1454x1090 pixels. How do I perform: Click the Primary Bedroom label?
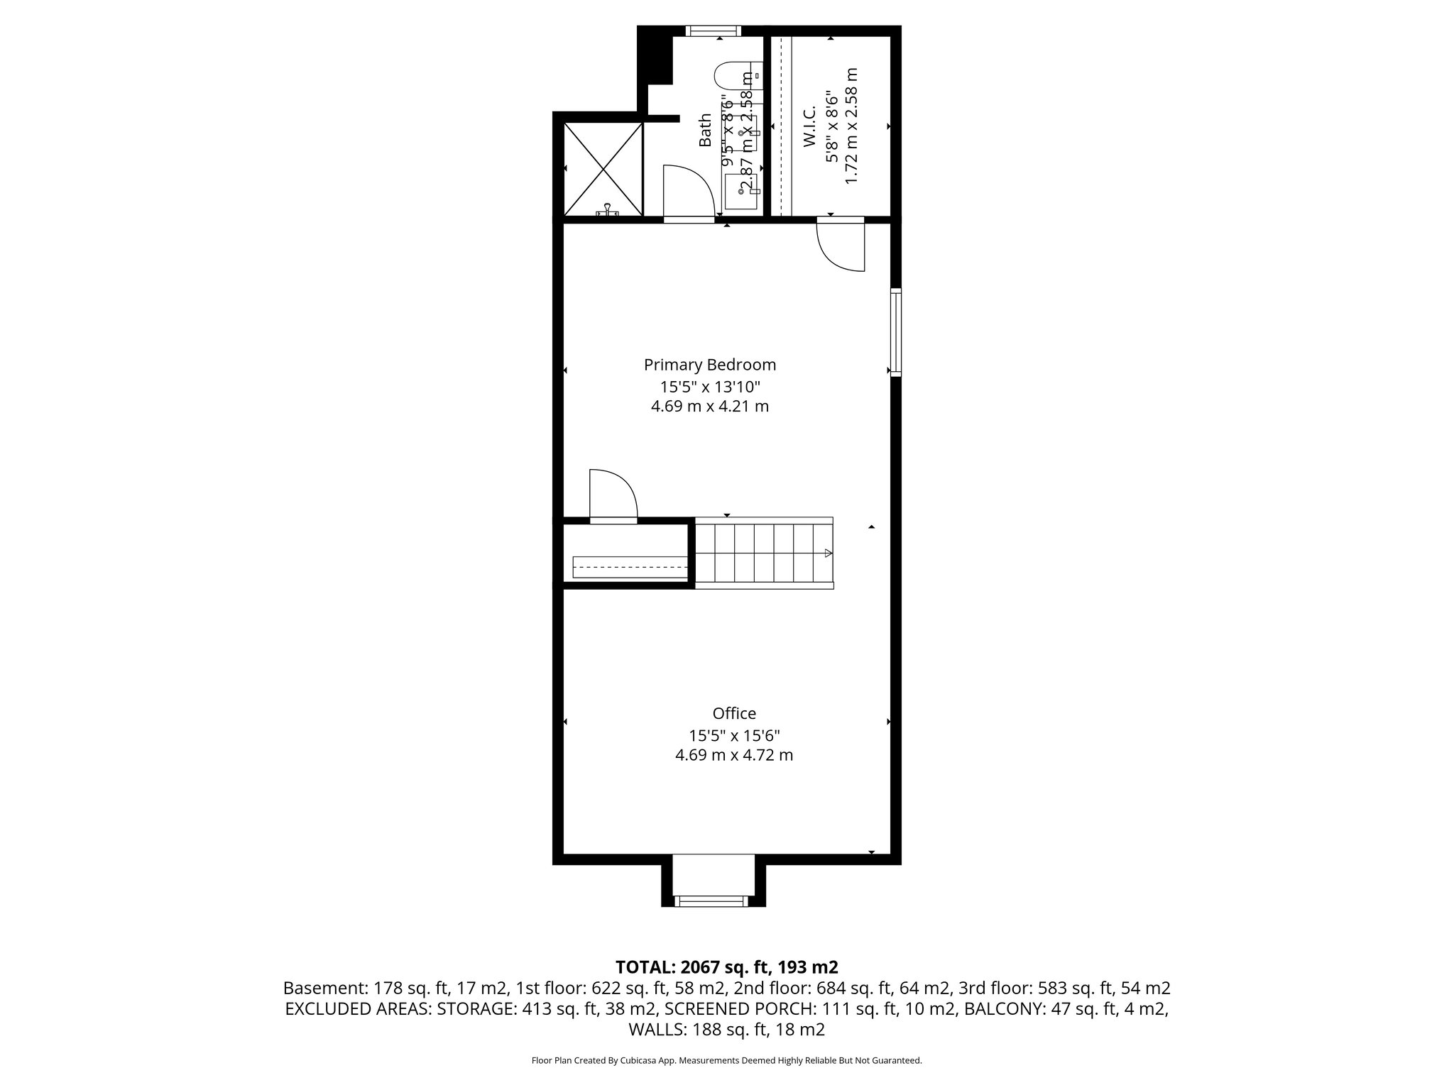pos(709,365)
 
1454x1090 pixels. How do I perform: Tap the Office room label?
pos(734,713)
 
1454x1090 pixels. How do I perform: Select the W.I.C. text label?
pos(809,127)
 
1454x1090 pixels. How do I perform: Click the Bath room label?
pos(705,130)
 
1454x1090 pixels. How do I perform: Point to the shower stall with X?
pos(603,169)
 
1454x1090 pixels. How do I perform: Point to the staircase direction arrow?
pos(827,554)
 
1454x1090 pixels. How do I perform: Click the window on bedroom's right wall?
pos(896,331)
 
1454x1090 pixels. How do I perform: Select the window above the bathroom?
pos(714,31)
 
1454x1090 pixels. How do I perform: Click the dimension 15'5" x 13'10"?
pos(709,387)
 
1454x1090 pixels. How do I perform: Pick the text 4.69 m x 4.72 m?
pos(734,755)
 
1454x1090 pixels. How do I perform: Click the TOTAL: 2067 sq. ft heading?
pos(726,967)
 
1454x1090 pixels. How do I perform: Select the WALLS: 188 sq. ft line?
pos(726,1030)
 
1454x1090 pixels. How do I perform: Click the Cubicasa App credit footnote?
pos(726,1061)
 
